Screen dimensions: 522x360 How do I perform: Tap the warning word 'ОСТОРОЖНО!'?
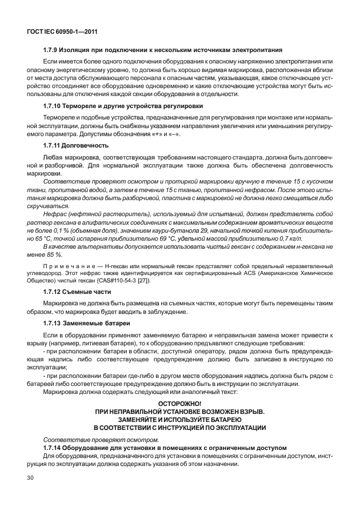tap(179, 404)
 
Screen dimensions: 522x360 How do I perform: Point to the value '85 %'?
tap(52, 254)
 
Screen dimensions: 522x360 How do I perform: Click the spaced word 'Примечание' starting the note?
tap(70, 266)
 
